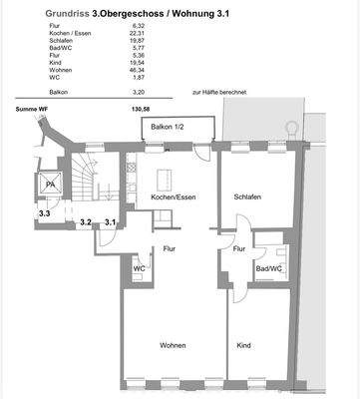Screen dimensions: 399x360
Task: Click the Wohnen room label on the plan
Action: pyautogui.click(x=173, y=345)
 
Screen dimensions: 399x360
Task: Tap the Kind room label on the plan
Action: pyautogui.click(x=244, y=345)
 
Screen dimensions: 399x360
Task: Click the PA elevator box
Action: pyautogui.click(x=50, y=184)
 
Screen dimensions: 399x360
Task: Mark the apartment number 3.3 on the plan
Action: pyautogui.click(x=45, y=213)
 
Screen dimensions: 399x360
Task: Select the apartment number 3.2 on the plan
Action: pyautogui.click(x=86, y=222)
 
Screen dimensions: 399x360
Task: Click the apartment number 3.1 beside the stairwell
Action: pyautogui.click(x=110, y=222)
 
